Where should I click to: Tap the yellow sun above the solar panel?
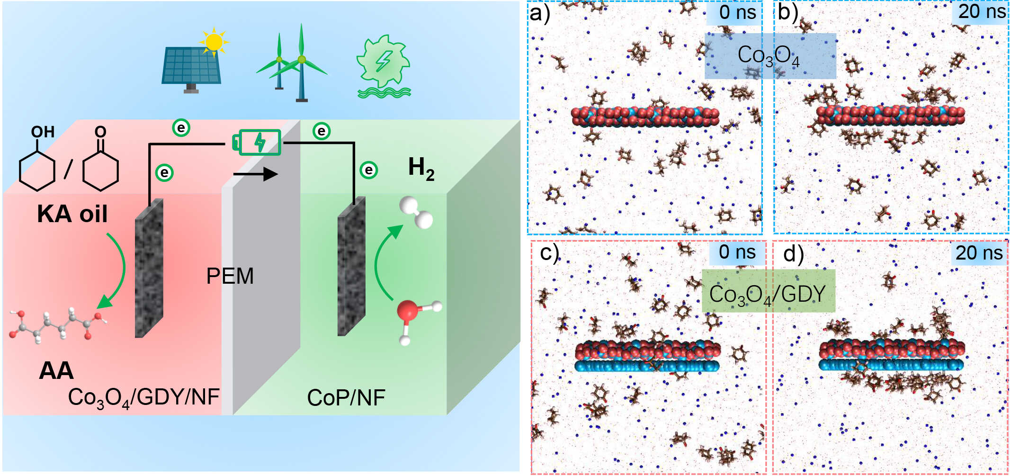coord(214,42)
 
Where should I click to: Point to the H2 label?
coord(421,169)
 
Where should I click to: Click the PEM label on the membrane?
coord(230,276)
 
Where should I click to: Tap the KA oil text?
coord(72,214)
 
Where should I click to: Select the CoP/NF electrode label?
coord(346,398)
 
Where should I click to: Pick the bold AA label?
coord(56,370)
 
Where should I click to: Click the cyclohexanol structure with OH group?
coord(37,161)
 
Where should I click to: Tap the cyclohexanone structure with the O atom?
coord(100,161)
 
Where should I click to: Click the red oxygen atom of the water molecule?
coord(407,311)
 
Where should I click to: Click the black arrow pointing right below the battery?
coord(256,174)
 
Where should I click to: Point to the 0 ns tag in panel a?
coord(737,12)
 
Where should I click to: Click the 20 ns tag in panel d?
coord(979,253)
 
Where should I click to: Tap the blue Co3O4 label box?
coord(770,56)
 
